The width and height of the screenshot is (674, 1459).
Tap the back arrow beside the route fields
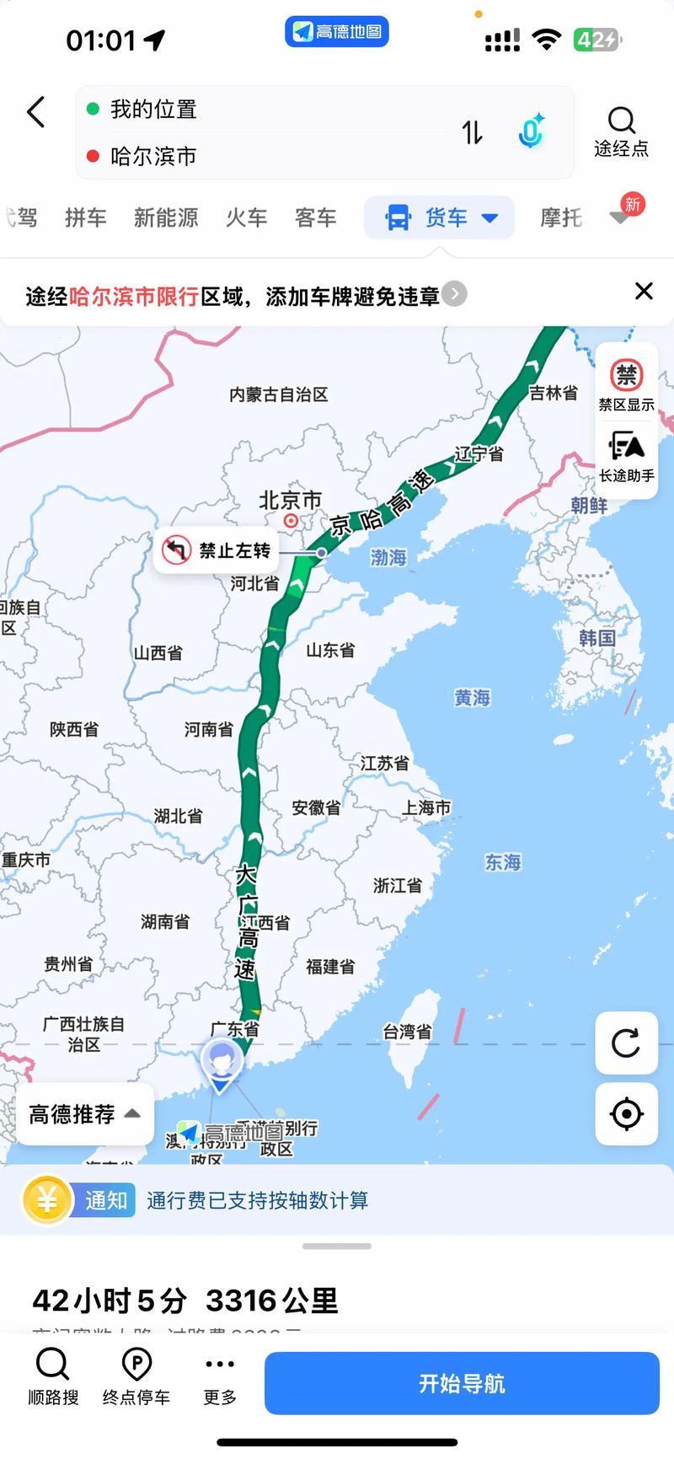pos(35,112)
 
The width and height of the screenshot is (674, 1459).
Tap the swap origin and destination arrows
pos(472,132)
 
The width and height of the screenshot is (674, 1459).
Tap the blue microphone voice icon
pos(531,132)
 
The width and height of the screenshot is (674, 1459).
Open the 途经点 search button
pos(621,132)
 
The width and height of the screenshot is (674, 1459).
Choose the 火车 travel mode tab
pos(246,217)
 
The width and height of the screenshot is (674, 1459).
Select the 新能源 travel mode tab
pos(166,217)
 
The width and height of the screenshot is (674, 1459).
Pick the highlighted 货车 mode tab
pos(439,217)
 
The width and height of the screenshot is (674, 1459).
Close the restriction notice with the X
pos(644,291)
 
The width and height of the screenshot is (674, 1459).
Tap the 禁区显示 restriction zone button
pos(626,384)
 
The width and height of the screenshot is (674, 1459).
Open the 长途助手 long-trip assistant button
pos(626,456)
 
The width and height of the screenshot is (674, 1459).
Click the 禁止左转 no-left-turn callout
pos(217,551)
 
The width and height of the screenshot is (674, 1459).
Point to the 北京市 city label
pos(290,501)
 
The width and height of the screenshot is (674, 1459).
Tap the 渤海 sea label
pos(388,557)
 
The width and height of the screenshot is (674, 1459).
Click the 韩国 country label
pos(596,638)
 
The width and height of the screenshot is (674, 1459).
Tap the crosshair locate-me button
pos(626,1113)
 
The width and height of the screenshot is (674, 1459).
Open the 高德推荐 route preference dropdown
pos(84,1114)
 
